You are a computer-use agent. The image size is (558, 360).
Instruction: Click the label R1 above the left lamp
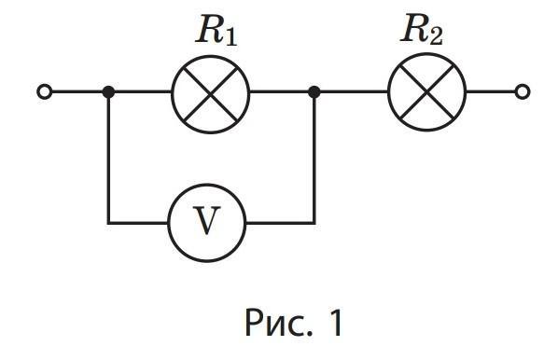click(216, 32)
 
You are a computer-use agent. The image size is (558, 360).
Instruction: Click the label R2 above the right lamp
click(422, 30)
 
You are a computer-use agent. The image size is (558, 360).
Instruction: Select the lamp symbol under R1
click(210, 94)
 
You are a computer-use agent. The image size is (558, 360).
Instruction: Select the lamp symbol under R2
click(426, 92)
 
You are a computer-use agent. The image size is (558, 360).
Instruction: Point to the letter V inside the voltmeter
click(206, 220)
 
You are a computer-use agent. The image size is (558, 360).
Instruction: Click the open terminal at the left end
click(45, 91)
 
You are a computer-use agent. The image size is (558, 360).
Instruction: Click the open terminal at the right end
click(522, 91)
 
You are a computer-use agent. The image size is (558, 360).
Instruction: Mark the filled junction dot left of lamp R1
click(108, 91)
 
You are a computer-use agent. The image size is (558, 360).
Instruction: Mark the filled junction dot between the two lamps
click(314, 91)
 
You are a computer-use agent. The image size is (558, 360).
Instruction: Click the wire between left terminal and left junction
click(77, 91)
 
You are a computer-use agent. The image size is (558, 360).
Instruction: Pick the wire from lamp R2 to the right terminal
click(491, 91)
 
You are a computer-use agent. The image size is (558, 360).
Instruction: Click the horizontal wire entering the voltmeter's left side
click(138, 223)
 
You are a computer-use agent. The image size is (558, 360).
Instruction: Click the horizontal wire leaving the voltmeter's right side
click(281, 223)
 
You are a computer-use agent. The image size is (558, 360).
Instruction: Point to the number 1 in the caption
click(335, 322)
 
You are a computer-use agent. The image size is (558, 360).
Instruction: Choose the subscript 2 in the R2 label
click(436, 36)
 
